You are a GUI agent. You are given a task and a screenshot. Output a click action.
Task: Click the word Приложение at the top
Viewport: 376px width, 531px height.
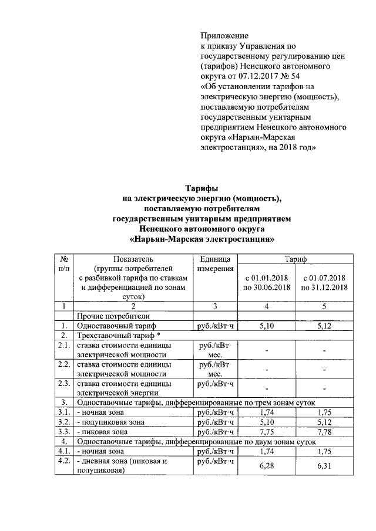[x=224, y=36]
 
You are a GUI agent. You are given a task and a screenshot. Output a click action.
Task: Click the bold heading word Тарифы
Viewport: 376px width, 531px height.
[x=202, y=188]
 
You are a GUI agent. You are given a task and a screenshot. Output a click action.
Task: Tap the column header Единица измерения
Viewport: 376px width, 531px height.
[x=215, y=263]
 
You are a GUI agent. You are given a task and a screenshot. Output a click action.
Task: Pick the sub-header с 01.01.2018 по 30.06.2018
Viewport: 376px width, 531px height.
[x=267, y=282]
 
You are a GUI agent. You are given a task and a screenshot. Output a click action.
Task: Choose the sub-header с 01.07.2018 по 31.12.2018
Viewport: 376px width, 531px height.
[x=324, y=282]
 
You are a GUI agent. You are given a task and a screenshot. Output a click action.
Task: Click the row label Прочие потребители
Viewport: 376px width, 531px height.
[x=113, y=316]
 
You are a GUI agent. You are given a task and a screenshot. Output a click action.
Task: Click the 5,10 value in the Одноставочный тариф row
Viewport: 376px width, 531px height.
[x=267, y=325]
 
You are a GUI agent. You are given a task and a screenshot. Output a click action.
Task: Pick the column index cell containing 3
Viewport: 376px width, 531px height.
[x=215, y=306]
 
